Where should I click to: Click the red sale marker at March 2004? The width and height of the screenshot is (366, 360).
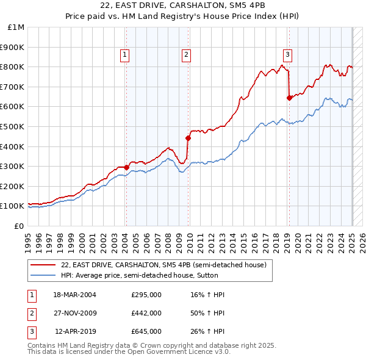coord(126,167)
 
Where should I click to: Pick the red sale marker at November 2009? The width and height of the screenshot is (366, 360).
coord(188,138)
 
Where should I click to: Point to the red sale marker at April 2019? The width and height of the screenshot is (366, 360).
coord(289,98)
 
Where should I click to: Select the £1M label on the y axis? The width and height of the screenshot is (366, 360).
coord(16,27)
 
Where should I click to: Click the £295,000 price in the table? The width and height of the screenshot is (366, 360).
coord(146,295)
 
